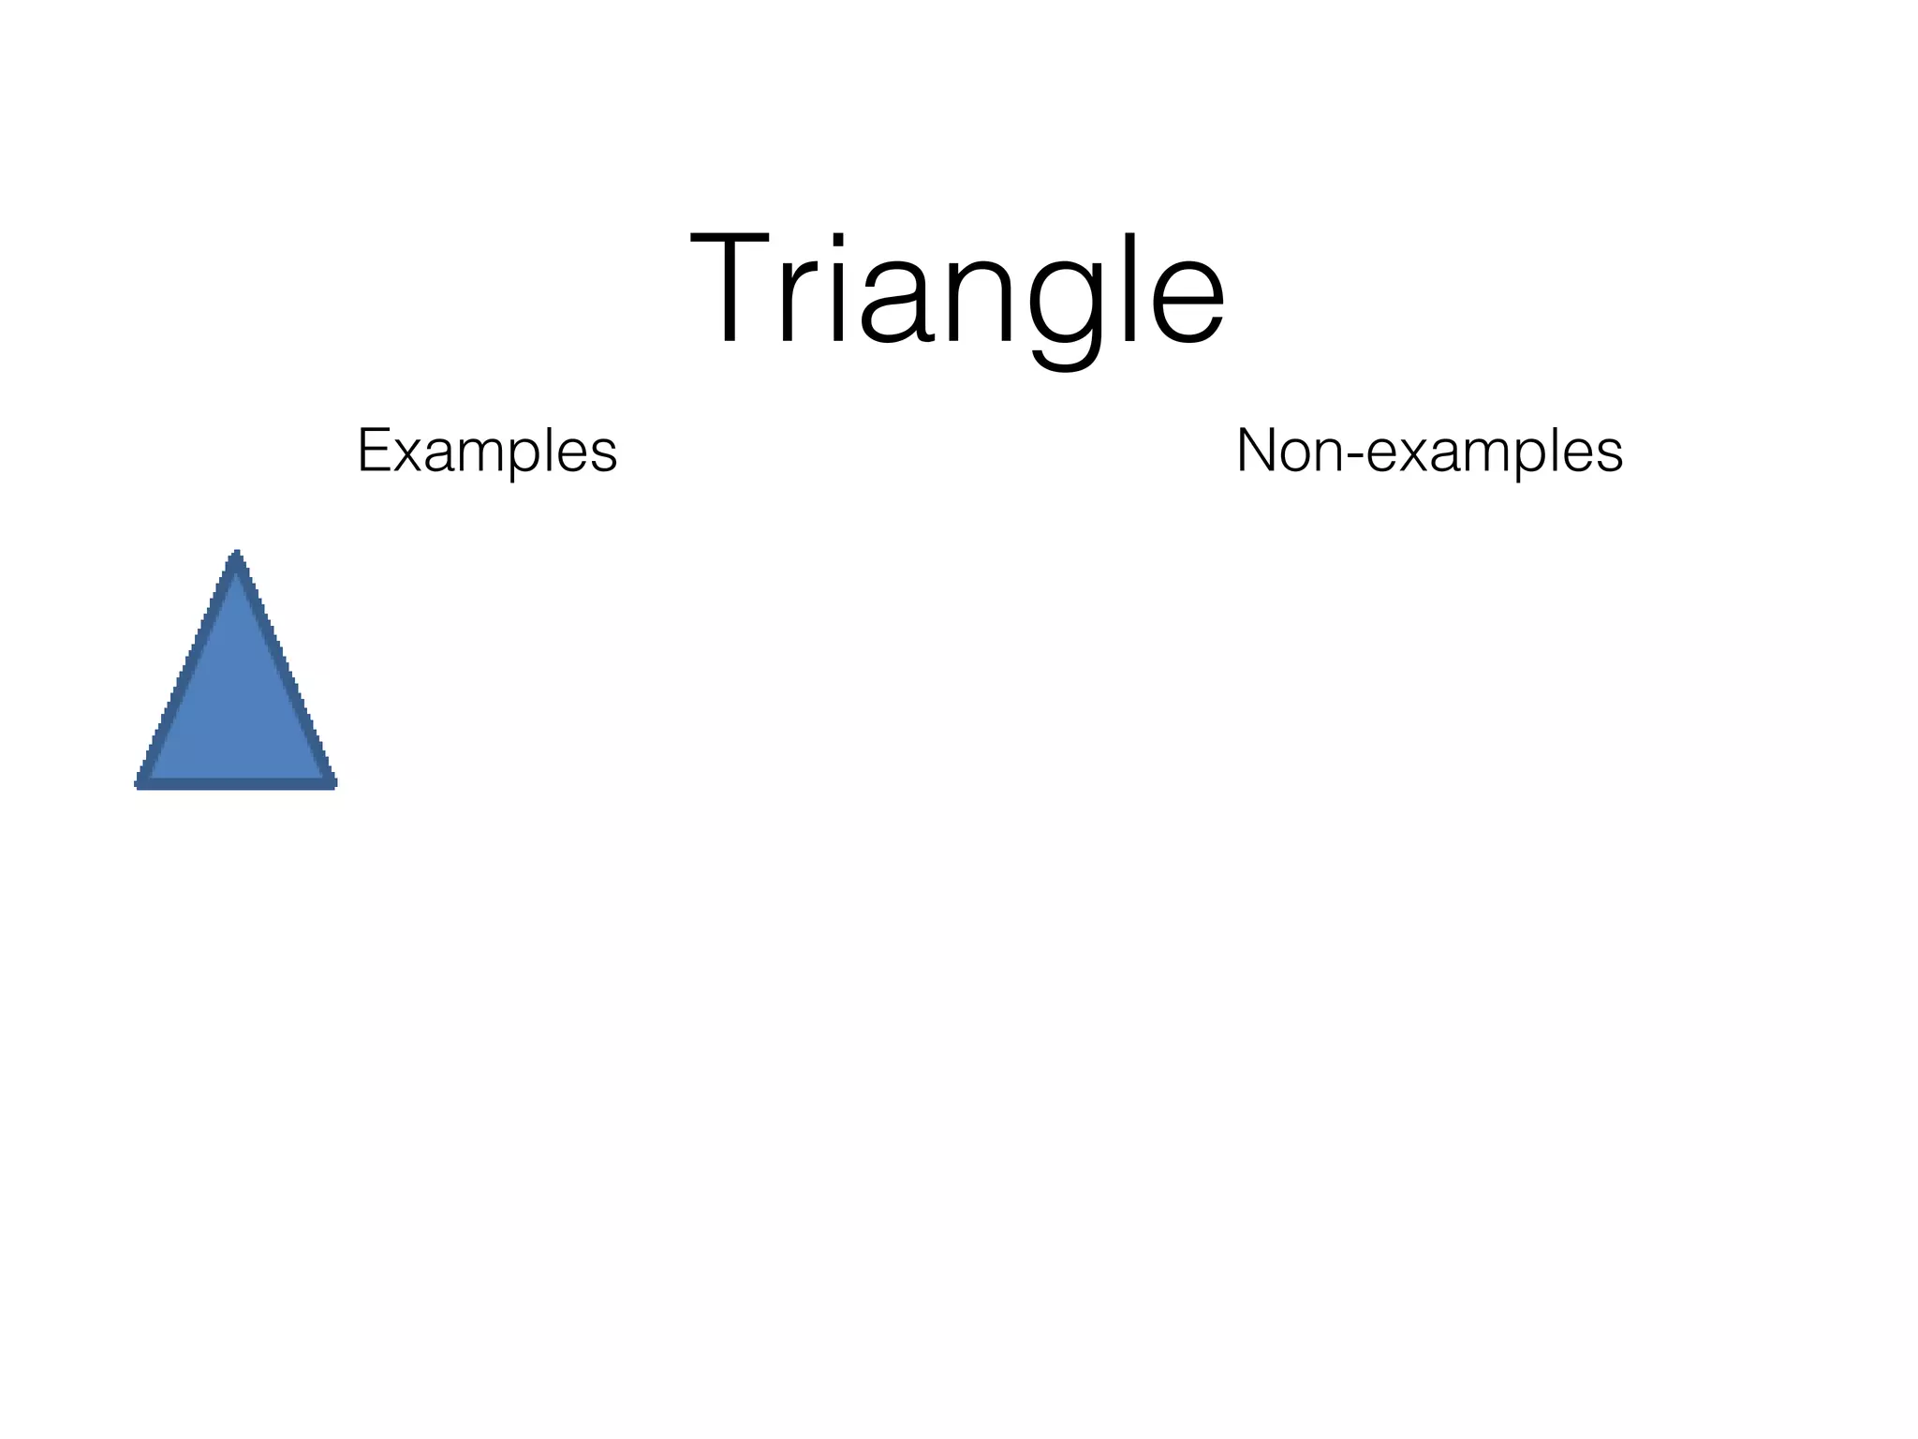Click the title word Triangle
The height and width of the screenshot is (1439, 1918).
coord(957,293)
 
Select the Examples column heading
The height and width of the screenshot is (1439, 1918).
coord(487,452)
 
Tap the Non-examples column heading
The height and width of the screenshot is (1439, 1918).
coord(1429,452)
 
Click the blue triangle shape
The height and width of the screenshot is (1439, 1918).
coord(237,703)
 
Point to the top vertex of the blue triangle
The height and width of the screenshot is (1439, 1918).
coord(237,555)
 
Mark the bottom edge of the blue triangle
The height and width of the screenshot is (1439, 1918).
coord(237,783)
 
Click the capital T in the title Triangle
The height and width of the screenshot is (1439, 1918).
coord(735,290)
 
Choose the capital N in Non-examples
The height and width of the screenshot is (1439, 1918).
coord(1260,451)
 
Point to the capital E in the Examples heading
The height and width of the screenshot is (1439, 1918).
coord(374,451)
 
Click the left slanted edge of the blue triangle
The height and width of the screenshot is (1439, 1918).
coord(188,670)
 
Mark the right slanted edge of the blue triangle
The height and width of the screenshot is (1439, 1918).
coord(285,670)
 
